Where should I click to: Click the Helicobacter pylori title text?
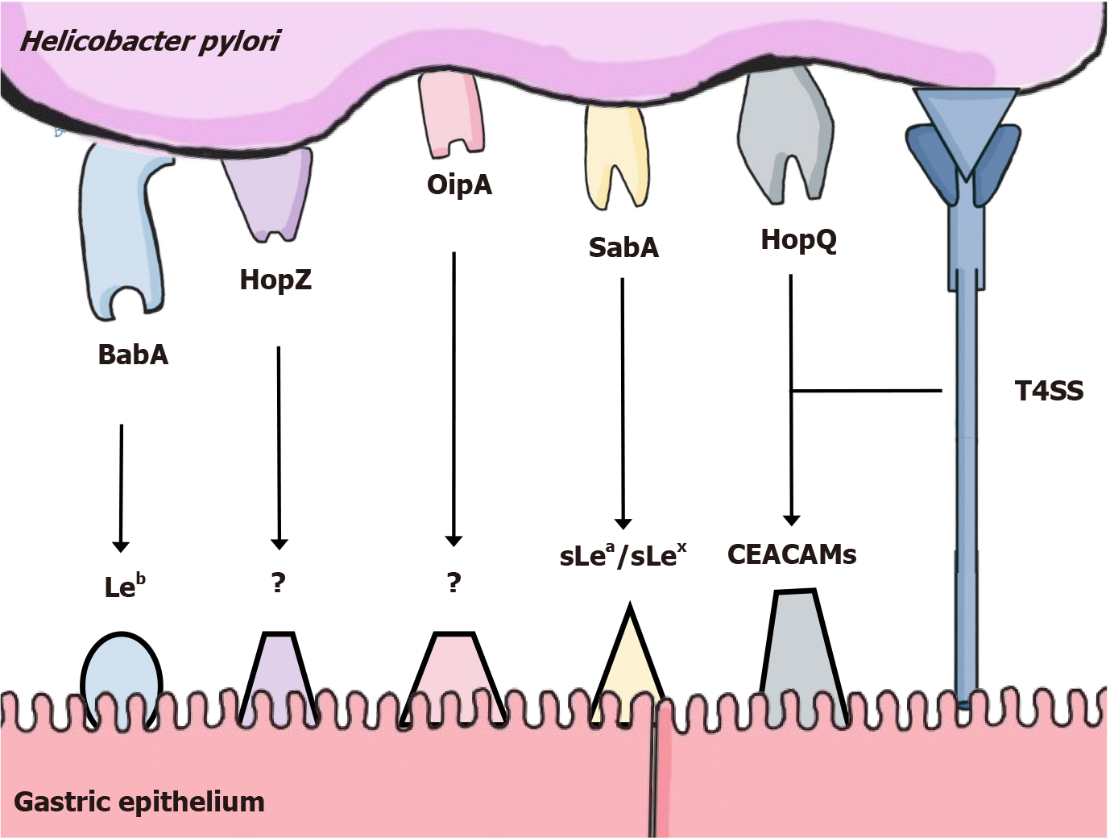(150, 41)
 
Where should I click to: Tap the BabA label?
(133, 355)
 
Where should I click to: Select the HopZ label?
(275, 280)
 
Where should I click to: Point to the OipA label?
(459, 185)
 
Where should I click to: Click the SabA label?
(623, 247)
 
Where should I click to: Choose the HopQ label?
(799, 240)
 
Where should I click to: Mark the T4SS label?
(1049, 392)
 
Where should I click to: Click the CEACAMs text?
(792, 554)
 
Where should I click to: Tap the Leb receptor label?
(125, 586)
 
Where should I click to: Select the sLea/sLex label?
(623, 555)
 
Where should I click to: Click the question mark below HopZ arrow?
(279, 582)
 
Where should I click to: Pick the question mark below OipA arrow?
(454, 582)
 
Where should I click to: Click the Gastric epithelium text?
(139, 802)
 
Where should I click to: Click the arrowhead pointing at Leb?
(121, 546)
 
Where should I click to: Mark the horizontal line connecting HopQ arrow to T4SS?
(866, 391)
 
